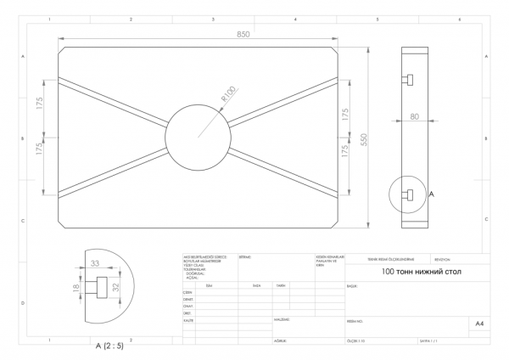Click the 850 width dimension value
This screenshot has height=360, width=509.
click(243, 35)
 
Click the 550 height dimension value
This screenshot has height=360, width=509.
click(363, 138)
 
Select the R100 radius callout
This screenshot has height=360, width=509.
click(227, 94)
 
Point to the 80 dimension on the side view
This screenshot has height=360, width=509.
click(414, 117)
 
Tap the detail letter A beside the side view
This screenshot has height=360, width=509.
click(432, 194)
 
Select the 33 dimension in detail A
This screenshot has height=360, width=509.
click(95, 263)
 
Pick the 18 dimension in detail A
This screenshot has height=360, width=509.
click(76, 289)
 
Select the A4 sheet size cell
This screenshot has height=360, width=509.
click(479, 323)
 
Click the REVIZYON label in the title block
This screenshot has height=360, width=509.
click(445, 261)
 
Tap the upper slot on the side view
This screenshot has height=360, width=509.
click(408, 80)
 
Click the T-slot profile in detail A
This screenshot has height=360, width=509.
click(102, 288)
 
